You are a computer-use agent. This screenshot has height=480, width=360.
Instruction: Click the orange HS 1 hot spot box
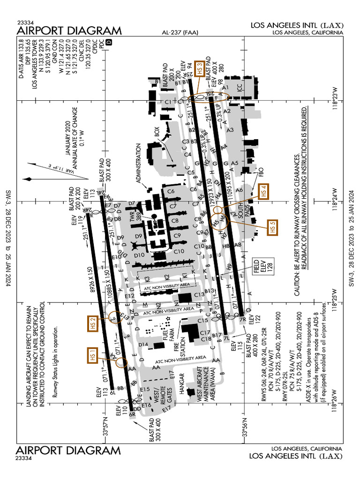92,355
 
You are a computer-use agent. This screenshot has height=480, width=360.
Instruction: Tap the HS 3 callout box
200,69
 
